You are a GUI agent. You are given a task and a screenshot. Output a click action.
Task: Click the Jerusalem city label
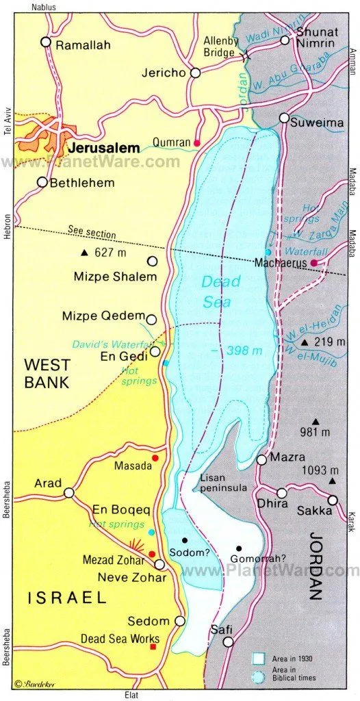coord(103,147)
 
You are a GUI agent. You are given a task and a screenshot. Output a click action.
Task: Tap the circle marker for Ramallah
coord(46,42)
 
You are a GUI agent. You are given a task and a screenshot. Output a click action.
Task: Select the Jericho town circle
coord(196,73)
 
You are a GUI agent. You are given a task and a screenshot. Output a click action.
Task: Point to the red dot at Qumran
coord(197,142)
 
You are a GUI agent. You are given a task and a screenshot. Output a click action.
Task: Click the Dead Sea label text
coord(220,291)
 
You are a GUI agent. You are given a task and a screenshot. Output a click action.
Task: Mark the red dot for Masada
coord(155,458)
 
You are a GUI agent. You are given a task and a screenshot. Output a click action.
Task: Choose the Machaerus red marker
coord(313,263)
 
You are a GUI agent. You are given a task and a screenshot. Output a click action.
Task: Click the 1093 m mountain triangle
coord(331,481)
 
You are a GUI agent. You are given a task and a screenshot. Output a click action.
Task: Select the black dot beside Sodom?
coord(185,540)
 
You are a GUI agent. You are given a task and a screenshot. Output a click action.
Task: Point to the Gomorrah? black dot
coord(240,548)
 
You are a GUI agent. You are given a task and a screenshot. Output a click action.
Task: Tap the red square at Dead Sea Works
coord(153,646)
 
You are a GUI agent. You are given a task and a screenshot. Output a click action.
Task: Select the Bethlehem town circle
coord(42,182)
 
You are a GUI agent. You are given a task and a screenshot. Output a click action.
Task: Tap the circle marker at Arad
coord(69,492)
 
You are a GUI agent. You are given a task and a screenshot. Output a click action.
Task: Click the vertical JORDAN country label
coord(316,565)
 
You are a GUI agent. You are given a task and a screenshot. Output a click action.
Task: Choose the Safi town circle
coord(228,642)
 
